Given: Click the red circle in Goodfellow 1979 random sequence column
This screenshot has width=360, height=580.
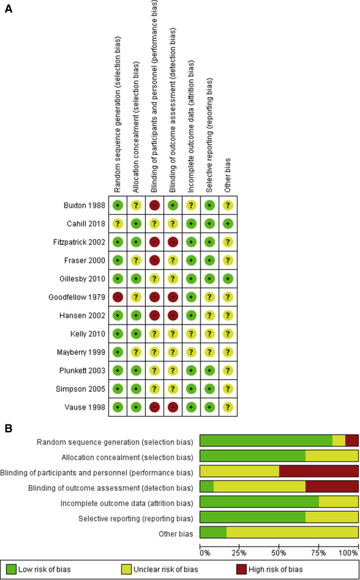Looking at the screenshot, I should [117, 297].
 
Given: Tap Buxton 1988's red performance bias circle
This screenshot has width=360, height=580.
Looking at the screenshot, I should [154, 205].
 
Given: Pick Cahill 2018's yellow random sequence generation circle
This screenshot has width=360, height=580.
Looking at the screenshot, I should [117, 224].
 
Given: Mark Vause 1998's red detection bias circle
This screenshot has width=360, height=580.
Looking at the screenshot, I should [173, 408].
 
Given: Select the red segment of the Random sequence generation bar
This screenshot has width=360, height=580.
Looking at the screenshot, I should [352, 441].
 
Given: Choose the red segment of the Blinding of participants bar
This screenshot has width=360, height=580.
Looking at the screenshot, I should [319, 470].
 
